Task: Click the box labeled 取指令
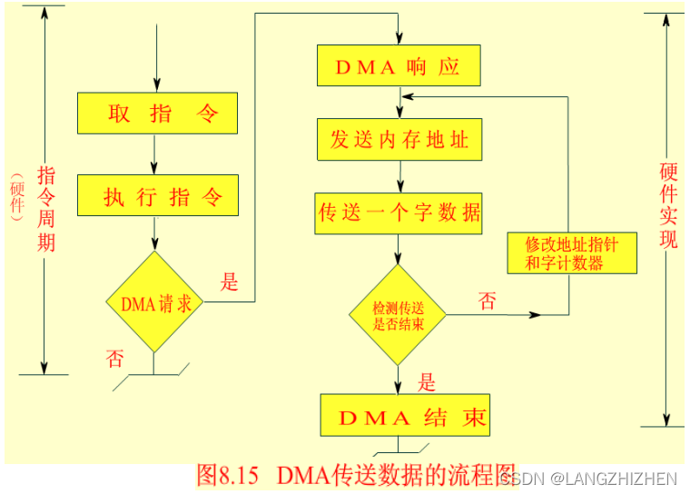156,114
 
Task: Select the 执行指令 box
156,196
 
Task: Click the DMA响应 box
398,65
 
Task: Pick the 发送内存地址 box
399,140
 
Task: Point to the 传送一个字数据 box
399,214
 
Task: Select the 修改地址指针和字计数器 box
571,252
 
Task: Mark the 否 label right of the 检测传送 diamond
488,301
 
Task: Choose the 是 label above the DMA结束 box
427,381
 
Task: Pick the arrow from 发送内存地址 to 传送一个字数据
399,176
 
